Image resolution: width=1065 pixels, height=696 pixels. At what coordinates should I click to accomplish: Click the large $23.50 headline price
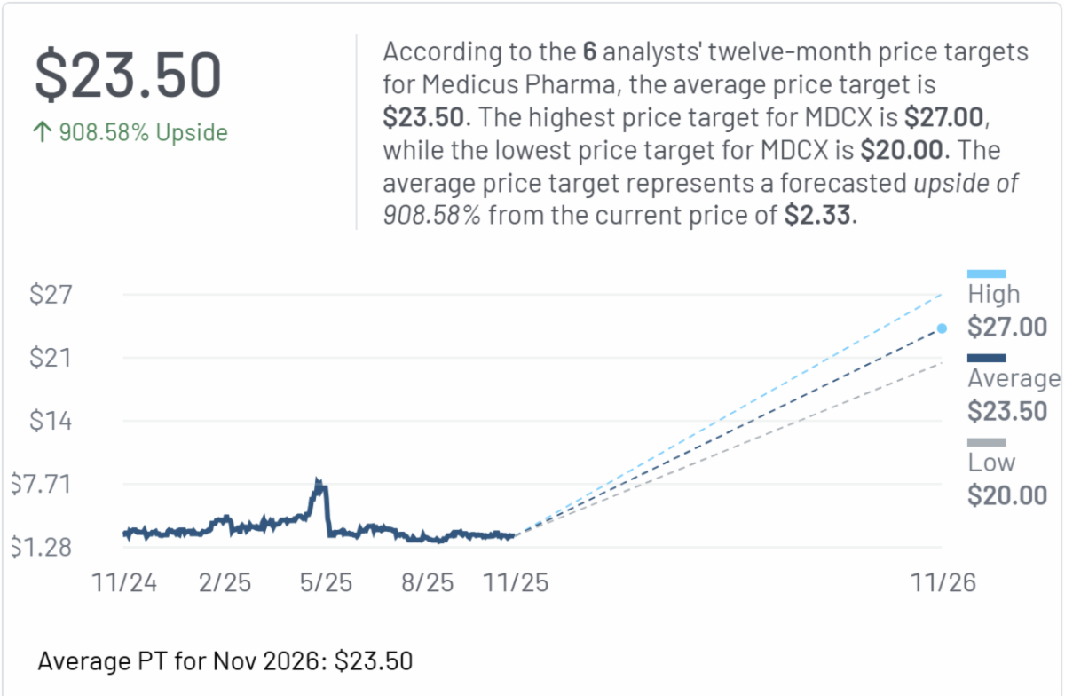click(128, 75)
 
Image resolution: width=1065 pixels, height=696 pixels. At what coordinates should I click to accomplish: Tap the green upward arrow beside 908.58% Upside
click(42, 133)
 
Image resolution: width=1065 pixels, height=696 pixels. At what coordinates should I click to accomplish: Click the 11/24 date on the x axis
click(124, 582)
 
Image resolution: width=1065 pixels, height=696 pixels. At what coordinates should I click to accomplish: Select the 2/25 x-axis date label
click(225, 582)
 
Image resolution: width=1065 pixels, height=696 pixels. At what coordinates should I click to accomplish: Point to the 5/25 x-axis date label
click(326, 582)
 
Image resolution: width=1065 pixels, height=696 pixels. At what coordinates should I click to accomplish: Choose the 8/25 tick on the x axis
click(427, 582)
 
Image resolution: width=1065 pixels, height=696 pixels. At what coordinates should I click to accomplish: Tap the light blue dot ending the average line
click(942, 328)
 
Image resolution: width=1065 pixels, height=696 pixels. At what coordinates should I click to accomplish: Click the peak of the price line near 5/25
click(318, 482)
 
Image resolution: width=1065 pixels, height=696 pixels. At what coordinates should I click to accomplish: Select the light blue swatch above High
click(986, 274)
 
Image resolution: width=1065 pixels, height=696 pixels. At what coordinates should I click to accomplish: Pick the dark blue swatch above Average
click(986, 359)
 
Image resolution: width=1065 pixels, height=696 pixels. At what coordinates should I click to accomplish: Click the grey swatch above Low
click(986, 442)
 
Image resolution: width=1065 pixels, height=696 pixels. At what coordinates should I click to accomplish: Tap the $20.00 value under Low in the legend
click(1007, 495)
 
